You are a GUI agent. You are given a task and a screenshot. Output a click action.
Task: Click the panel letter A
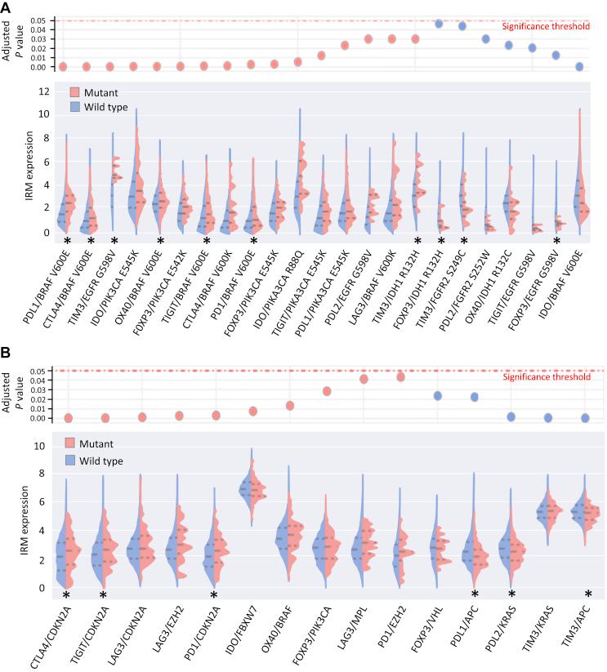click(7, 7)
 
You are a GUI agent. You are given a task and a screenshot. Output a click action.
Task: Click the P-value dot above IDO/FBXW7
click(252, 411)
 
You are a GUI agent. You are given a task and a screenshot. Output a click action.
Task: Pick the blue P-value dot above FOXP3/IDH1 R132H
click(439, 24)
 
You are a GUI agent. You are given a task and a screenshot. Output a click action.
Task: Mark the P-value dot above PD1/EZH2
click(401, 376)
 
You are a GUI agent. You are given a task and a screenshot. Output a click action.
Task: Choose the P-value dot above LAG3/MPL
click(364, 379)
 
